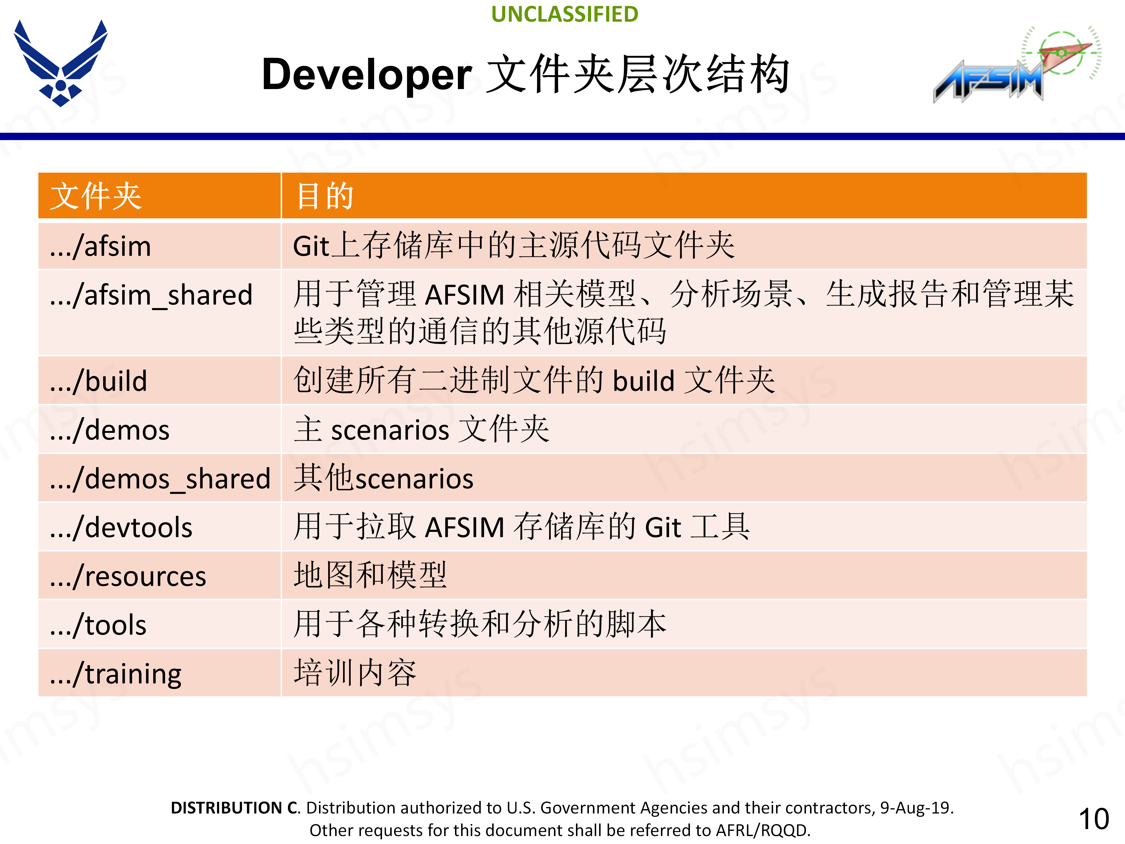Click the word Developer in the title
[x=367, y=75]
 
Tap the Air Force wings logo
[x=61, y=63]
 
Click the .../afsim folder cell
[x=100, y=246]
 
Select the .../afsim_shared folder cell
[x=151, y=295]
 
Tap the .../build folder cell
[x=98, y=381]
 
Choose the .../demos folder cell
[x=109, y=430]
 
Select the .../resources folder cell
[x=128, y=576]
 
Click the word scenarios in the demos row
[x=390, y=430]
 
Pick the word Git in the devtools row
[x=663, y=527]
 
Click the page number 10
[x=1093, y=819]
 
